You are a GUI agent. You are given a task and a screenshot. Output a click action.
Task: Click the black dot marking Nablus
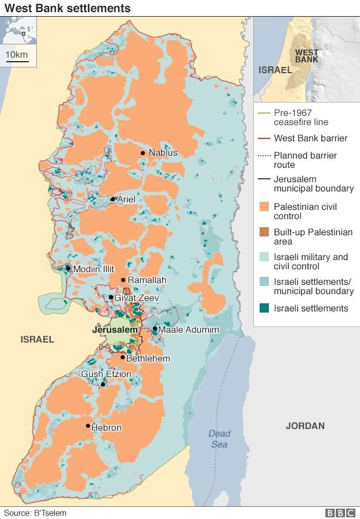[x=142, y=153]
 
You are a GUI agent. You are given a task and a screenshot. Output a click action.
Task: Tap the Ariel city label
[x=126, y=200]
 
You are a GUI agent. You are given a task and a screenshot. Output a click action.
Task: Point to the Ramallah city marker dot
[x=123, y=280]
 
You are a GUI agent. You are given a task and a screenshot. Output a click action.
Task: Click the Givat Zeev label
[x=136, y=298]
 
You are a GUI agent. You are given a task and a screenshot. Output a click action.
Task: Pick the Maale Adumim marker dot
[x=155, y=329]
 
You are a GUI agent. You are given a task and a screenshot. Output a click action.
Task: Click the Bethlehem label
[x=148, y=359]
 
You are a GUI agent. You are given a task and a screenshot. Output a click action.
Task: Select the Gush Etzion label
[x=106, y=374]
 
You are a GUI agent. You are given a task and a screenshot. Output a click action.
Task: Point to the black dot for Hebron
[x=88, y=426]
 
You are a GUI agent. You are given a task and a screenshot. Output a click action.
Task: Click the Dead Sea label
[x=219, y=439]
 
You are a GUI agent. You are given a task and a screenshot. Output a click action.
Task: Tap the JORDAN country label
[x=305, y=426]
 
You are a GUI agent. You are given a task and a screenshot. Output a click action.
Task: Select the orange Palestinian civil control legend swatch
[x=264, y=207]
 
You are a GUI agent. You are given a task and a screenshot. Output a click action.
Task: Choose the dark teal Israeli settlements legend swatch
[x=264, y=309]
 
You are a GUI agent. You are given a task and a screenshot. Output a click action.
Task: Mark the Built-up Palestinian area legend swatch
[x=264, y=232]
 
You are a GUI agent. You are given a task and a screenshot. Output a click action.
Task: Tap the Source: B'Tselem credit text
[x=35, y=513]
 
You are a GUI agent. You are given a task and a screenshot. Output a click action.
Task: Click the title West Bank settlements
[x=67, y=8]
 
